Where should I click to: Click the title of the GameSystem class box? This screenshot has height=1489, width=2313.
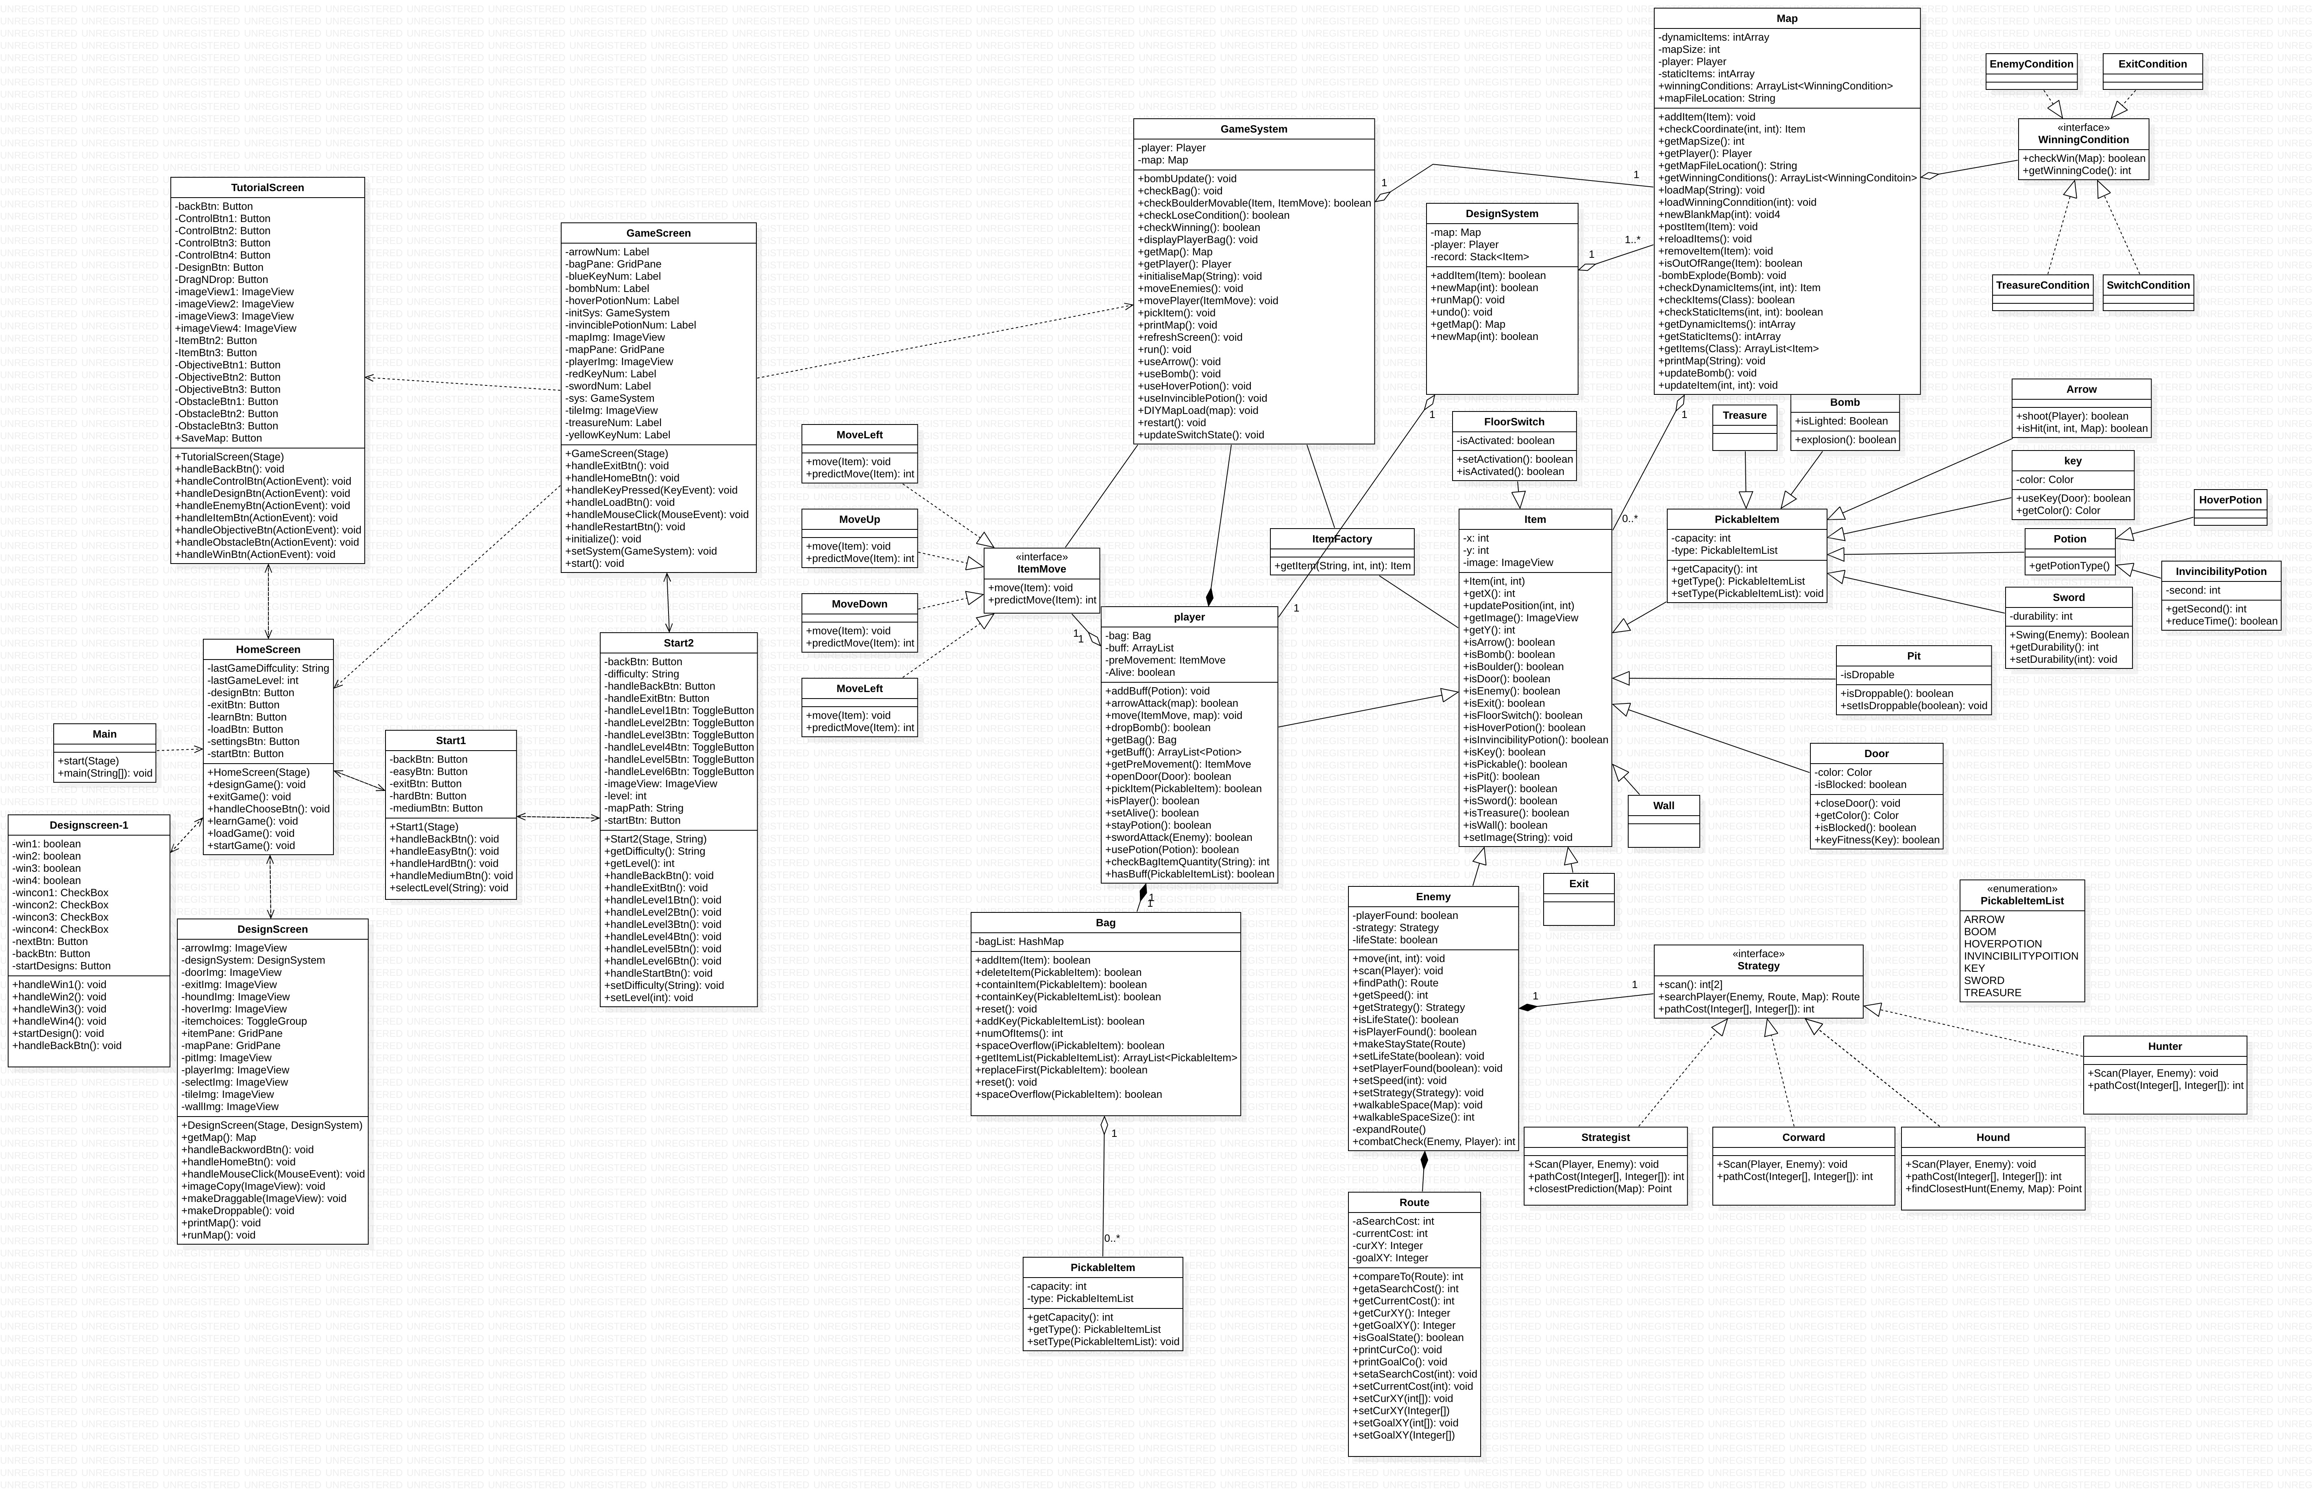[x=1253, y=128]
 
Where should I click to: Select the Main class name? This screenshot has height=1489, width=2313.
[x=105, y=734]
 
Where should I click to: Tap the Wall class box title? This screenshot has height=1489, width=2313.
[x=1663, y=805]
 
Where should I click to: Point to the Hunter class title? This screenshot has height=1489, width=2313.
[x=2164, y=1046]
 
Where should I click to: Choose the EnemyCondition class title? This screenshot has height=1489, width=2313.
[x=2031, y=64]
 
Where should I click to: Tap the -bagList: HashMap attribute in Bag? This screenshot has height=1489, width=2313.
[x=1020, y=941]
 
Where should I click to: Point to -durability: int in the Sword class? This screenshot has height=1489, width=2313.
[x=2040, y=616]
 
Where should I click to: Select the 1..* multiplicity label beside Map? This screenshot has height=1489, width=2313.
[x=1632, y=240]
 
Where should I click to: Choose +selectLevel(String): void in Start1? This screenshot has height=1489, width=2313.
[x=450, y=888]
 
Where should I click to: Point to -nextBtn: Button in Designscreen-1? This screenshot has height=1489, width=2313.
[x=50, y=941]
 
